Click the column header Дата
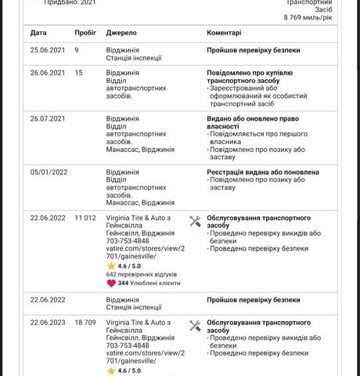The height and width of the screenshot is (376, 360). click(x=38, y=34)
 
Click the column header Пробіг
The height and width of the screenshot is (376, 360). click(x=85, y=34)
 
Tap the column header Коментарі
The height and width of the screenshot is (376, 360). click(x=224, y=34)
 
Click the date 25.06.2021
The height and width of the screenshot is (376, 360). click(x=47, y=50)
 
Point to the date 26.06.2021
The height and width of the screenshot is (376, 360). click(x=47, y=73)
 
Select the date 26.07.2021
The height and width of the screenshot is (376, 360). click(x=47, y=119)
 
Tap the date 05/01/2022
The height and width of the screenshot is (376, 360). click(x=49, y=172)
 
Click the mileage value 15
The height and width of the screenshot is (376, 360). click(x=79, y=73)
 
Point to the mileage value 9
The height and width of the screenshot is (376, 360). click(x=77, y=50)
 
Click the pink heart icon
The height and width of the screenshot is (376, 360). click(x=110, y=284)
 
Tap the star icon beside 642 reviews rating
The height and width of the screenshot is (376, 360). click(x=111, y=266)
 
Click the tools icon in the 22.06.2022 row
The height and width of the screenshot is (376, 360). click(x=196, y=222)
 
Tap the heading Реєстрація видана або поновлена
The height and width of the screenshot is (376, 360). click(x=262, y=172)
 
